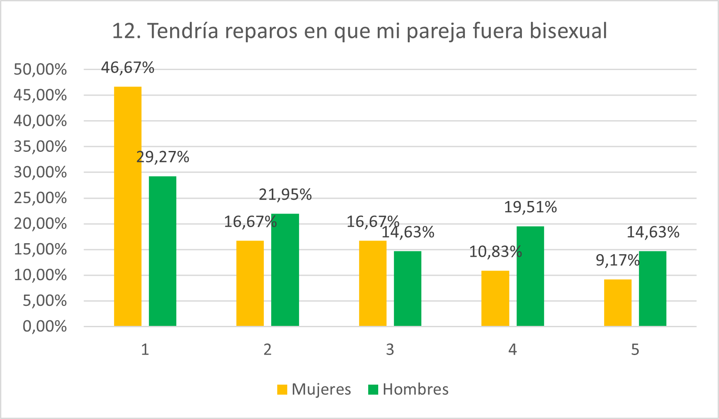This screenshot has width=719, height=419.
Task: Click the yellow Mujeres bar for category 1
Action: [128, 206]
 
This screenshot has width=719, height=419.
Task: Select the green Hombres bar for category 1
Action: [162, 251]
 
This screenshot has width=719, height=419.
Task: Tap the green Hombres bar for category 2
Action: [285, 270]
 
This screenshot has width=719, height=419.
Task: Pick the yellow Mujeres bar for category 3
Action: [373, 283]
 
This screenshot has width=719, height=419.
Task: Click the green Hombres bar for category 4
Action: [530, 276]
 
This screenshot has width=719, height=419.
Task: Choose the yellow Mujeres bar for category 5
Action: [618, 302]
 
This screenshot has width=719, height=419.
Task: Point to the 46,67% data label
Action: [128, 68]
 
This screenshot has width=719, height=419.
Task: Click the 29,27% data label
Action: [163, 157]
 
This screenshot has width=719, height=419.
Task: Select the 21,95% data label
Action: [285, 194]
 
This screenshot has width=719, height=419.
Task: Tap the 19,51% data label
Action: [530, 207]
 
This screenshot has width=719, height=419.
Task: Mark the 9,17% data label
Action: [617, 260]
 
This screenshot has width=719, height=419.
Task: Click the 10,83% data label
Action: [495, 251]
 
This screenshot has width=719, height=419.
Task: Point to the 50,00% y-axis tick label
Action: [40, 69]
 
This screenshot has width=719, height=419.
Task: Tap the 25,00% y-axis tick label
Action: [40, 198]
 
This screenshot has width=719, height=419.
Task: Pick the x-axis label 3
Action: [390, 349]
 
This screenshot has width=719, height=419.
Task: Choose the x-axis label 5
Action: [635, 349]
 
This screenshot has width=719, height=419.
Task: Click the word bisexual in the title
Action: [568, 31]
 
